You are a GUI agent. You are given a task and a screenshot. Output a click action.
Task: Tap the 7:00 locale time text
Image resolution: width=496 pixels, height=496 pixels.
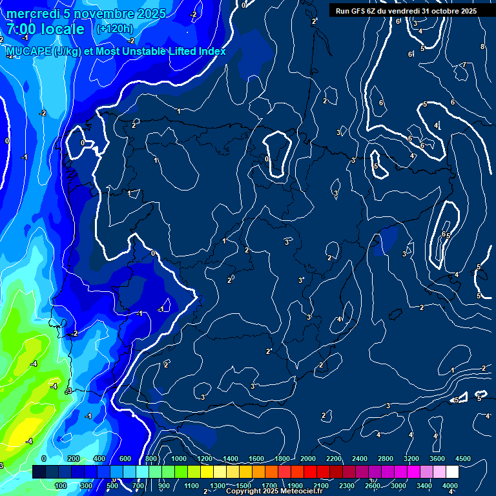pyautogui.click(x=45, y=29)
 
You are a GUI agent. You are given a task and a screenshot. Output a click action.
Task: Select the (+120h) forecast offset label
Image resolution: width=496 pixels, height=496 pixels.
pyautogui.click(x=114, y=28)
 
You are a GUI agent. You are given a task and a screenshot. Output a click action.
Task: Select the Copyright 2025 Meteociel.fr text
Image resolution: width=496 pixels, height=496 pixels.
pyautogui.click(x=274, y=491)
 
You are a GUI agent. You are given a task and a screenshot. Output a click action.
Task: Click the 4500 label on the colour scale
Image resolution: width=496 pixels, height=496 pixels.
pyautogui.click(x=463, y=459)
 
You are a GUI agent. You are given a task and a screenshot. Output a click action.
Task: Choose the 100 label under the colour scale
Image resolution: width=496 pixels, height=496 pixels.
pyautogui.click(x=61, y=486)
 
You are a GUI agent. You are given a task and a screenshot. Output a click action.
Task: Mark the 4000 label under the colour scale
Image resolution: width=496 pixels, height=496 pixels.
pyautogui.click(x=450, y=486)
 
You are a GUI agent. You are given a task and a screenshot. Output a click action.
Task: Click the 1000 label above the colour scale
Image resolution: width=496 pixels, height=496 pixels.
pyautogui.click(x=179, y=459)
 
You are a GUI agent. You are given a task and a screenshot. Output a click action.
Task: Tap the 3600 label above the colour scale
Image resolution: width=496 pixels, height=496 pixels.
pyautogui.click(x=437, y=459)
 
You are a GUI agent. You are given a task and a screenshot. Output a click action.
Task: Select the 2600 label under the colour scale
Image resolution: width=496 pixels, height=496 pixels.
pyautogui.click(x=373, y=486)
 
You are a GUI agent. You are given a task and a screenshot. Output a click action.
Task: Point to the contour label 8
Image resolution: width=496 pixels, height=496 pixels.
pyautogui.click(x=482, y=46)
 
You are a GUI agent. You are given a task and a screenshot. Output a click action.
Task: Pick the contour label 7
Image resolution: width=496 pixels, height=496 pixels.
pyautogui.click(x=464, y=65)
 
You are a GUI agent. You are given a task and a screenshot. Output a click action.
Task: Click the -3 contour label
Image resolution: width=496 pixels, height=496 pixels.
pyautogui.click(x=68, y=391)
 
